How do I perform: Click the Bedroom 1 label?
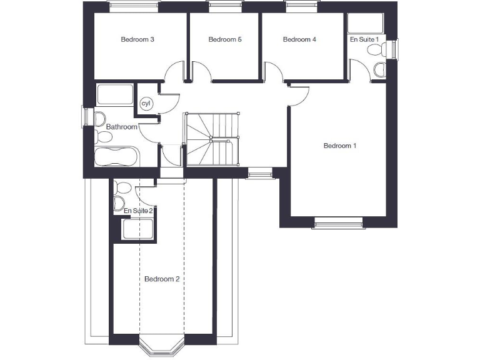339,146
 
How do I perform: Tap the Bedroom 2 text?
162,279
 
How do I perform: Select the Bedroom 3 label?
137,39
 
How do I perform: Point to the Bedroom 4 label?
299,39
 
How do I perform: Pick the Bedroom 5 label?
225,39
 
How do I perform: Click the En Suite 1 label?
364,39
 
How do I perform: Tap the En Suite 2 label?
138,211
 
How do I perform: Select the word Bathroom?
121,127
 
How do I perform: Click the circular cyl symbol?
146,103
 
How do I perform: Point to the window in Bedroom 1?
338,222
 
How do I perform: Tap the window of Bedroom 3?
134,7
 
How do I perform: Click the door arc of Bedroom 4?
273,71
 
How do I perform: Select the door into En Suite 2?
146,196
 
